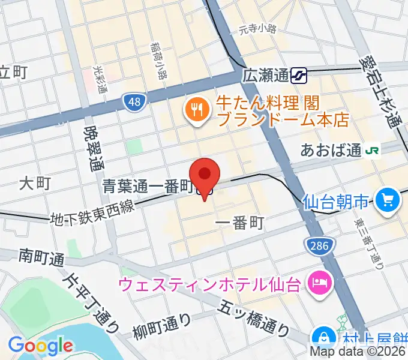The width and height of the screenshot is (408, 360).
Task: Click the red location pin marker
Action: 206,175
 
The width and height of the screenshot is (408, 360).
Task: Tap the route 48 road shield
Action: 135,102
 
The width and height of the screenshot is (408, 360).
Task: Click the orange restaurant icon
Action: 196,109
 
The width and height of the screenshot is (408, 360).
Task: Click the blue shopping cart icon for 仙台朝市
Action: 386,199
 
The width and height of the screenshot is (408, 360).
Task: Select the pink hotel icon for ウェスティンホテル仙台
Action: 316,280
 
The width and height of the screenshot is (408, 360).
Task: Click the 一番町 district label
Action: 239,223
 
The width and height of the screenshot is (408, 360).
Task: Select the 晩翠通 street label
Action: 95,148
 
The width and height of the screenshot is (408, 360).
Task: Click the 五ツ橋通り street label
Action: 254,320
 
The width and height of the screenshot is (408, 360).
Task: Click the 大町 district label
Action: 35,183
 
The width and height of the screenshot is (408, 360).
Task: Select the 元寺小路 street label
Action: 257,28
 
